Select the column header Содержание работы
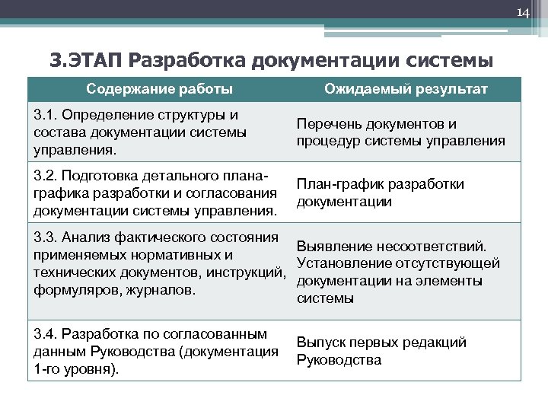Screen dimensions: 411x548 click(160, 89)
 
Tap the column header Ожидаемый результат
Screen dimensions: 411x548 click(406, 89)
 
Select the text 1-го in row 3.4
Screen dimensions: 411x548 click(47, 369)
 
